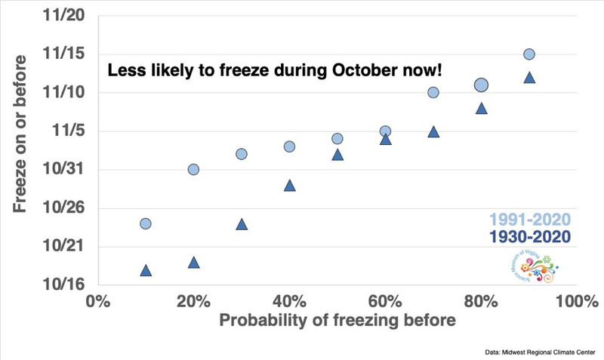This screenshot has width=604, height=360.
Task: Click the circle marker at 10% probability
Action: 146,223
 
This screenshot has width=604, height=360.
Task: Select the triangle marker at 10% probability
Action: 146,270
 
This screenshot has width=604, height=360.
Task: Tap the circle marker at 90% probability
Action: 529,54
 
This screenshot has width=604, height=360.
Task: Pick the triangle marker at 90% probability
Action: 529,78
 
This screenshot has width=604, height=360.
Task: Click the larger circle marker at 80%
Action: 481,85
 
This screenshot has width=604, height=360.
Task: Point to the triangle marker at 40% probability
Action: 289,185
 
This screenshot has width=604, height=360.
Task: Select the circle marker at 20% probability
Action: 193,169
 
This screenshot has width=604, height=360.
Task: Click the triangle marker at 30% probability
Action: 242,224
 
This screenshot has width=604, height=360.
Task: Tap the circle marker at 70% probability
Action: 433,93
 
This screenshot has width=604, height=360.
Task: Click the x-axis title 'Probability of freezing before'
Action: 337,321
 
